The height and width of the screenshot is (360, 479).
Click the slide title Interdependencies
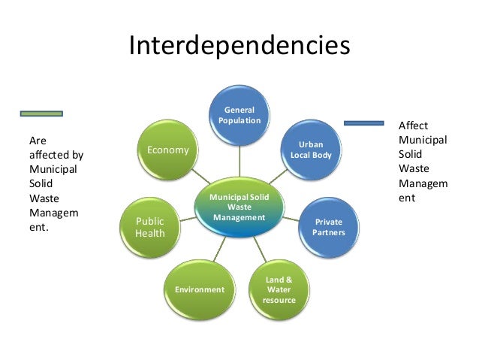click(x=239, y=46)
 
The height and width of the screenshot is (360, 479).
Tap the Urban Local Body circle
click(x=311, y=149)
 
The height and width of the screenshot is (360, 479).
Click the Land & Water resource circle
click(x=279, y=289)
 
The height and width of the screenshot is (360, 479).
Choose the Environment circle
click(x=199, y=289)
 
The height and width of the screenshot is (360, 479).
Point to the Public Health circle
click(x=149, y=226)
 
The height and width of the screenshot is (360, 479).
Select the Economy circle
click(x=168, y=150)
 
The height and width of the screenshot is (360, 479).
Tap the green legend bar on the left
click(x=41, y=113)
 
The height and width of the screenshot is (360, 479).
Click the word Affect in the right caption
click(x=413, y=126)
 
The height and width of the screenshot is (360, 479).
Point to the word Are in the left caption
click(x=37, y=141)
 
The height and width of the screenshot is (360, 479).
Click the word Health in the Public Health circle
click(x=149, y=234)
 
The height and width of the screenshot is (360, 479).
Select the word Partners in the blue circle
click(x=329, y=233)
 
